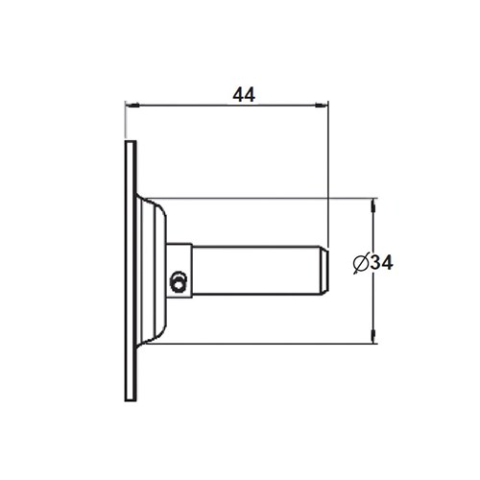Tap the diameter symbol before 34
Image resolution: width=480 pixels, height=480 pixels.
click(x=360, y=262)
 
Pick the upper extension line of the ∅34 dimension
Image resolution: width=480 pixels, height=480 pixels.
click(x=269, y=198)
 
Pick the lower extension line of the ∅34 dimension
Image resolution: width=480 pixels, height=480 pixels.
click(x=269, y=343)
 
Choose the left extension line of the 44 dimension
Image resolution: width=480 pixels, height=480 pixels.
click(x=125, y=120)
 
